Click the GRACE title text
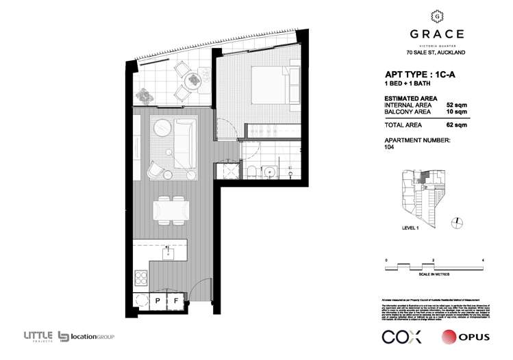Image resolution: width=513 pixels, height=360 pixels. tap(436, 34)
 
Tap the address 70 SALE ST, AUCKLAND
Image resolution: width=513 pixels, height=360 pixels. tap(436, 52)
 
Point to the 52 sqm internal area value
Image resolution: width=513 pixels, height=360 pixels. tap(456, 105)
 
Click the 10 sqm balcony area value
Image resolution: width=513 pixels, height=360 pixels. tap(456, 111)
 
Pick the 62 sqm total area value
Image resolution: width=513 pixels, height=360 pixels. tap(456, 125)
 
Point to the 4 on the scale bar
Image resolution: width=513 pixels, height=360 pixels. tap(484, 261)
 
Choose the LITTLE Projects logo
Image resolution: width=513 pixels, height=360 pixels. tap(38, 335)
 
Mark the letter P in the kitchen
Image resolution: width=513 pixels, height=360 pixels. tap(157, 301)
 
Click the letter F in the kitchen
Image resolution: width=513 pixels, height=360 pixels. tap(175, 301)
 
